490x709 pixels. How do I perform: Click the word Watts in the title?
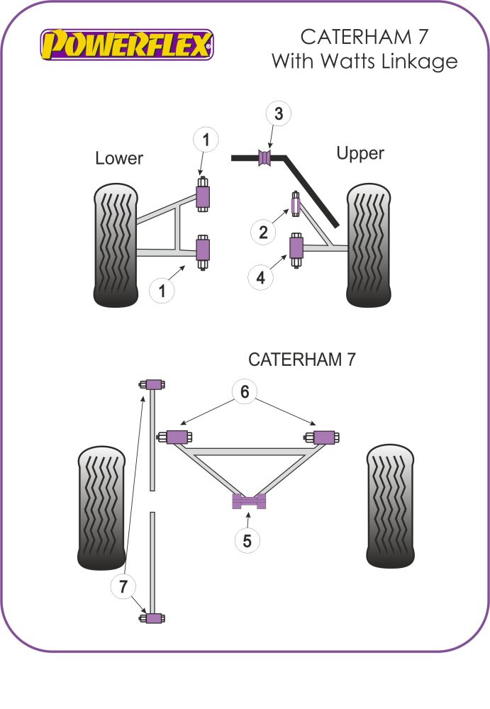pyautogui.click(x=337, y=62)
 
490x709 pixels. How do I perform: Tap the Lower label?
pyautogui.click(x=119, y=158)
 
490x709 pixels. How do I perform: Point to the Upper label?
pyautogui.click(x=360, y=153)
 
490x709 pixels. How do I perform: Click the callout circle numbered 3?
pyautogui.click(x=279, y=113)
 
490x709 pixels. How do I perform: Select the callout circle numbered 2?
pyautogui.click(x=262, y=232)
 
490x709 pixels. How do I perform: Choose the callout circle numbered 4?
pyautogui.click(x=261, y=279)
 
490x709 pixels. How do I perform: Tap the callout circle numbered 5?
pyautogui.click(x=247, y=541)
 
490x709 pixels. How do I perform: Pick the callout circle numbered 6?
pyautogui.click(x=245, y=391)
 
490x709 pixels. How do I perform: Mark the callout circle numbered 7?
pyautogui.click(x=123, y=586)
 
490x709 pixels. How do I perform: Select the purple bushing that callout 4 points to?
pyautogui.click(x=296, y=249)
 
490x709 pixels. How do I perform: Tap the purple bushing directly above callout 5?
pyautogui.click(x=249, y=501)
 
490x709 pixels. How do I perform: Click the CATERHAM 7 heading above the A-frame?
pyautogui.click(x=301, y=359)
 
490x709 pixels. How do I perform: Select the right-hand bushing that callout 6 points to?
pyautogui.click(x=324, y=437)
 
